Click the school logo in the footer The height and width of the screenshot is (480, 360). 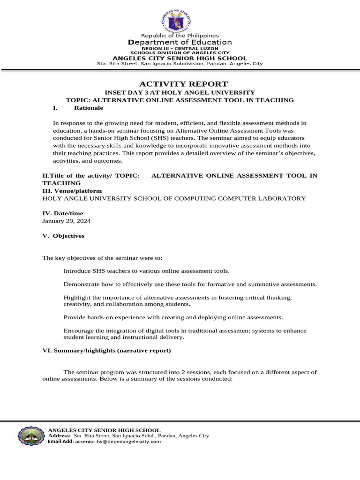[31, 435]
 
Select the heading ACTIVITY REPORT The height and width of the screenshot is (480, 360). [180, 84]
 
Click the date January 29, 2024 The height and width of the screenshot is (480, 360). [67, 221]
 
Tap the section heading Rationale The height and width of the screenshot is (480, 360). [88, 108]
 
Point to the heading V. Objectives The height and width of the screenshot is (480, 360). [63, 236]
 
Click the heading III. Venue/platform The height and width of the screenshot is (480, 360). [72, 191]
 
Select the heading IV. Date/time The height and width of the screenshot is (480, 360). [63, 213]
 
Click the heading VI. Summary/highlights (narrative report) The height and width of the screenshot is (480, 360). [106, 350]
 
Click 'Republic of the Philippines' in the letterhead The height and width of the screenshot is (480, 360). [180, 36]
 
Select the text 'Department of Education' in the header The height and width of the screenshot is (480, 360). [180, 43]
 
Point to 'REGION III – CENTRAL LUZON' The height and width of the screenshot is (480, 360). [180, 49]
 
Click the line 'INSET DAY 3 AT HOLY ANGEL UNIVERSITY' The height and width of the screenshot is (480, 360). [180, 92]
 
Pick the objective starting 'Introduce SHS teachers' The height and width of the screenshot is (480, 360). [147, 271]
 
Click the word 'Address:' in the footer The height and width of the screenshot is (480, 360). [59, 435]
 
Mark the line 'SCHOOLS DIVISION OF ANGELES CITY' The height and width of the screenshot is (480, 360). [180, 53]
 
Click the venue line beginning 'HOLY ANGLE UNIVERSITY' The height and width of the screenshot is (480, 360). [174, 198]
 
